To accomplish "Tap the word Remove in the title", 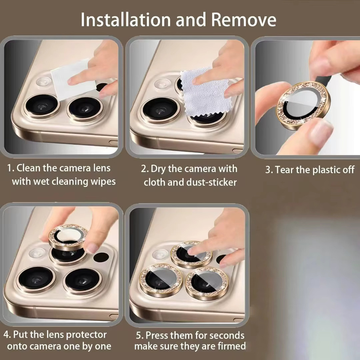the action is (244, 20).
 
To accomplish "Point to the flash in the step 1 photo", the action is (43, 82).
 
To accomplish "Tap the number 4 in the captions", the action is (7, 334).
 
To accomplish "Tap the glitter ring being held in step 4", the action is (68, 237).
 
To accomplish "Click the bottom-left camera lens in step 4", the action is (36, 279).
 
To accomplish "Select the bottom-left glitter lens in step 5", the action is (161, 280).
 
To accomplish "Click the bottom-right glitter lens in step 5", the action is (207, 283).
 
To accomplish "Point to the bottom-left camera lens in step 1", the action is (42, 105).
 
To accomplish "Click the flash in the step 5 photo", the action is (160, 254).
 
